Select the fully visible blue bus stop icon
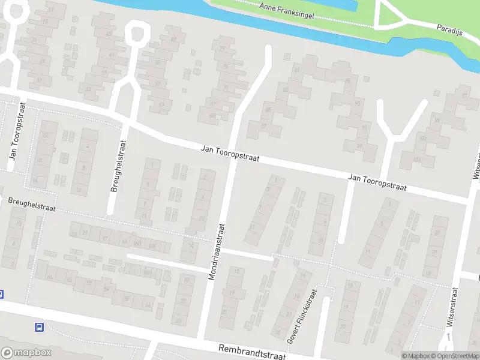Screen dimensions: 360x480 [x=39, y=327]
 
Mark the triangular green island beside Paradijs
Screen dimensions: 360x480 [x=386, y=15]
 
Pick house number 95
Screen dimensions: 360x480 [x=348, y=82]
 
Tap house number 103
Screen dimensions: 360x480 [x=422, y=139]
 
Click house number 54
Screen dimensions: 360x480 [x=106, y=289]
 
